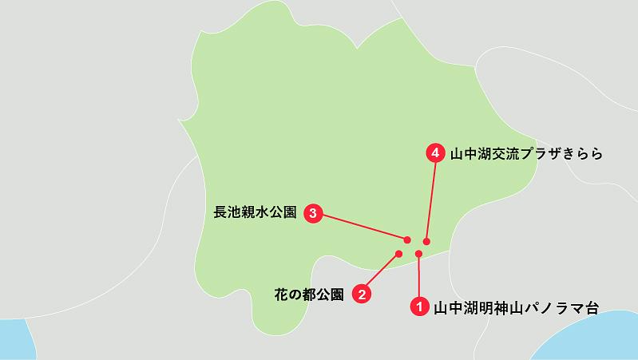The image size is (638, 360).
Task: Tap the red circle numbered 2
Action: tap(362, 295)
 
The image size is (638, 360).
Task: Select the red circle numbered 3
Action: tap(313, 213)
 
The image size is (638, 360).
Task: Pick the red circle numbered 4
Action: tap(435, 152)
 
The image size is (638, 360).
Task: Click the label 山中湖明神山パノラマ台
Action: tap(515, 306)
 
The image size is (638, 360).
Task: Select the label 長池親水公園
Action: tap(256, 213)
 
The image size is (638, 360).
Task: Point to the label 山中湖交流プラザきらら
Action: tap(525, 152)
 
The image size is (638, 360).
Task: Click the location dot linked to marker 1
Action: tap(418, 255)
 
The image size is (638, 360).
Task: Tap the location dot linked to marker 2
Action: tap(398, 255)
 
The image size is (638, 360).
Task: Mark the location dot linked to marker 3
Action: tap(407, 239)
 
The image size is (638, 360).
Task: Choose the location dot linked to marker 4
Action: tap(426, 241)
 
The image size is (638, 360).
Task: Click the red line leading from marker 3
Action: tap(363, 227)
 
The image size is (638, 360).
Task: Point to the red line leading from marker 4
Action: tap(431, 200)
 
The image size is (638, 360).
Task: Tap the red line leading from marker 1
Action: tap(418, 279)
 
